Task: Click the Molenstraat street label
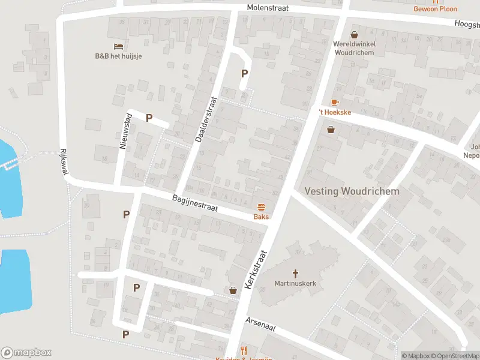(268, 7)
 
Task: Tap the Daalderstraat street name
(205, 120)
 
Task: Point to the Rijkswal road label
(62, 162)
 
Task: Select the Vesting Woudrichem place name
(352, 191)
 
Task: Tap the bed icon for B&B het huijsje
(118, 46)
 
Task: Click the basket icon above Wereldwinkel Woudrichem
(354, 35)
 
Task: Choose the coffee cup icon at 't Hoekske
(334, 103)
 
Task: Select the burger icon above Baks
(260, 207)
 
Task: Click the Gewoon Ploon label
(435, 9)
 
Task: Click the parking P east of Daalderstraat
(244, 73)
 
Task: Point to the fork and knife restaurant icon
(244, 350)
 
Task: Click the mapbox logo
(26, 353)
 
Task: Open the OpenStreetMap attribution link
(454, 356)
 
